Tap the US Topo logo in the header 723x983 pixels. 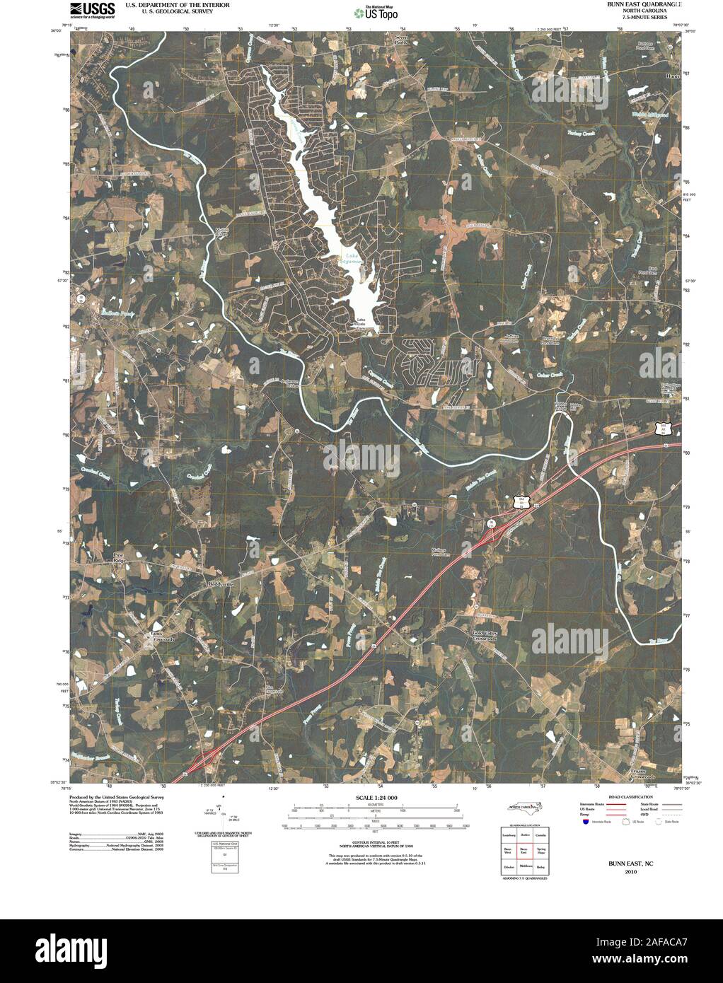tap(378, 12)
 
